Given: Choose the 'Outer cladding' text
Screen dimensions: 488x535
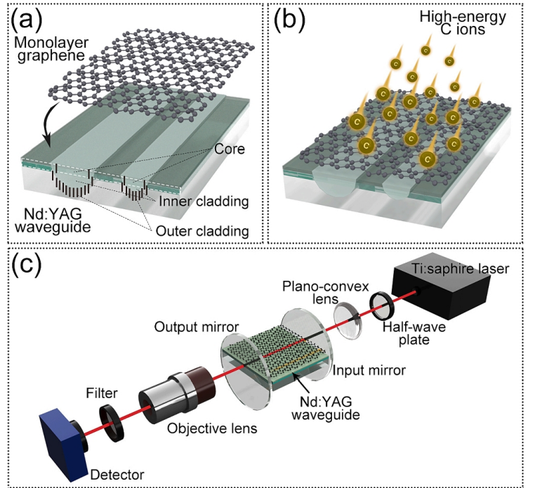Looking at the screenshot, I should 201,230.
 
